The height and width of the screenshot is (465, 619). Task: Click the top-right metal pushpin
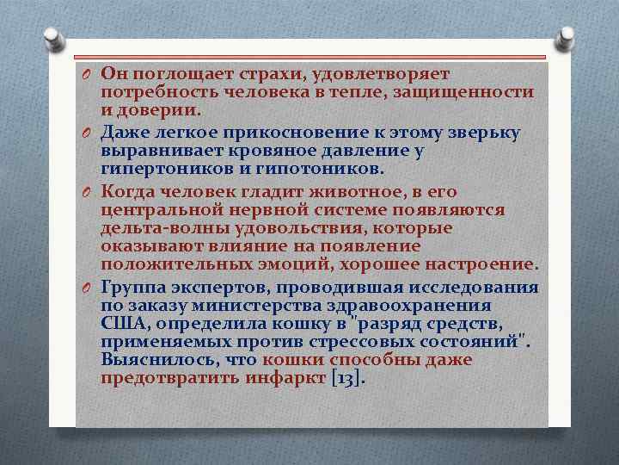(567, 38)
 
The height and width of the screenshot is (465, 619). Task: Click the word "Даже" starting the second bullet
(125, 132)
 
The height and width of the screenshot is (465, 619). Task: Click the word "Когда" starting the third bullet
(130, 190)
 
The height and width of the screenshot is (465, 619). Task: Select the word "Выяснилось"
(156, 360)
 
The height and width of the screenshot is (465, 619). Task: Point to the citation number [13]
(348, 379)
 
